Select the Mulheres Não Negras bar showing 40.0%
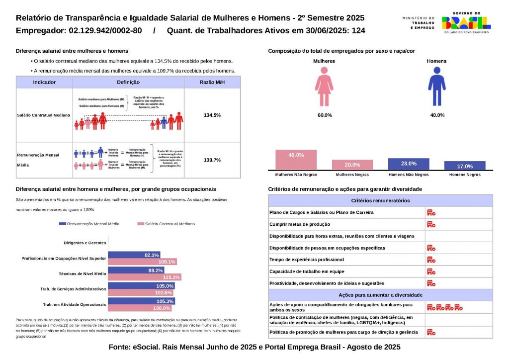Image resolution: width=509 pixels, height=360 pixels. pos(296,160)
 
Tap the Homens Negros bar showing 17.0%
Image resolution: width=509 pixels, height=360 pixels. pos(464,166)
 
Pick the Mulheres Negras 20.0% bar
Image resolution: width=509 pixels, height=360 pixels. pos(352,165)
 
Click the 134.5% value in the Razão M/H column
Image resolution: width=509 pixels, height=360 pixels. pos(212,115)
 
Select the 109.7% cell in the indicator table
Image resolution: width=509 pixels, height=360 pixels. pos(212,160)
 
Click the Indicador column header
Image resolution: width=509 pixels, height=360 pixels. pos(44,82)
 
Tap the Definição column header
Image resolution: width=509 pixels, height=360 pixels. pos(128,82)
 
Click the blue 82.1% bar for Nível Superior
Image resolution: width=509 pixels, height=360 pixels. pos(134,255)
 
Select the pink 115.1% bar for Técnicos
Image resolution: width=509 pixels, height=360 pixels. pos(144,277)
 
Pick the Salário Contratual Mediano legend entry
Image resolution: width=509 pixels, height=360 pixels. pos(166,224)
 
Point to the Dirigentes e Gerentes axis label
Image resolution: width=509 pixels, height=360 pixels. pos(85,243)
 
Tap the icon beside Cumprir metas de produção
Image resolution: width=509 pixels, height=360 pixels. pos(431,224)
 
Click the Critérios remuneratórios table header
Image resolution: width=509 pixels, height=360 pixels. pos(380,200)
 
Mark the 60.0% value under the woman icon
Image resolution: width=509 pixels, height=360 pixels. pos(325,115)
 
